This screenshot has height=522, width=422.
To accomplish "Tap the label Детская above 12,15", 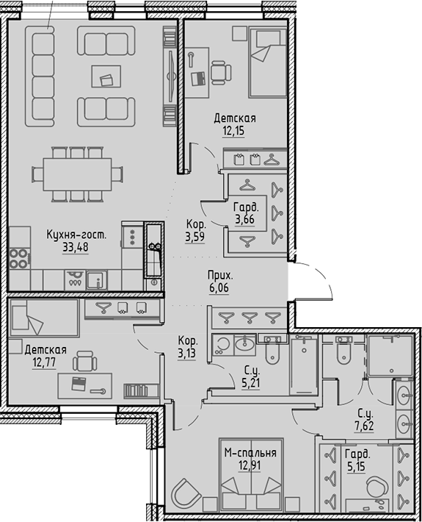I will click(234, 118).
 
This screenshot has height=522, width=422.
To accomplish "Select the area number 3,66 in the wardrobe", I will click(245, 218).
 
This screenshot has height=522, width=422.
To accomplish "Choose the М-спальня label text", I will click(250, 453).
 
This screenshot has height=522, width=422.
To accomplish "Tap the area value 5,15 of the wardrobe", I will click(357, 466).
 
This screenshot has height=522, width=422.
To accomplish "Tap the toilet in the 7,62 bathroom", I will click(342, 358).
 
